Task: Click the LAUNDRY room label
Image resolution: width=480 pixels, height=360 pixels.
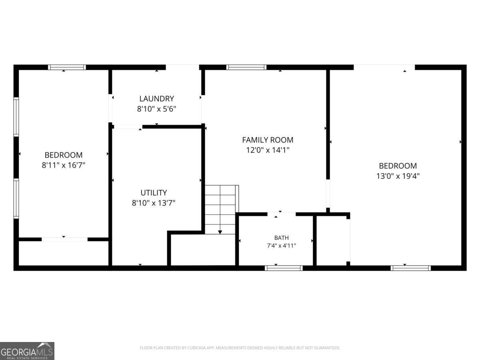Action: (x=156, y=98)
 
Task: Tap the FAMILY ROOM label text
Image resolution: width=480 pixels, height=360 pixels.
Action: (x=268, y=140)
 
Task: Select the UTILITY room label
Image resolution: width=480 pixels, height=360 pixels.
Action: (x=154, y=192)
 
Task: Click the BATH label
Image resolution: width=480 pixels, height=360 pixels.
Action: (x=282, y=238)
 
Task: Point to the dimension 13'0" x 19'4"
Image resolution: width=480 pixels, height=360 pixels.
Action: (x=398, y=176)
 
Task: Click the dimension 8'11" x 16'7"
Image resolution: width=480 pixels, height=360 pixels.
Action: (x=64, y=165)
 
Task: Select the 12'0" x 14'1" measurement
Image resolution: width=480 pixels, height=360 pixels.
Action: (x=268, y=150)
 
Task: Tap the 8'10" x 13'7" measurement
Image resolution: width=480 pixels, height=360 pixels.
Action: (x=154, y=203)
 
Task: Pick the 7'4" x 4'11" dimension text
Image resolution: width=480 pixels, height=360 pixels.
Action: (x=282, y=246)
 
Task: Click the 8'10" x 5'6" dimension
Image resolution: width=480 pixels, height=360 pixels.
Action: (x=156, y=109)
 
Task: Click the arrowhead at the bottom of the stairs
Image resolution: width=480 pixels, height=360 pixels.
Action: (x=220, y=232)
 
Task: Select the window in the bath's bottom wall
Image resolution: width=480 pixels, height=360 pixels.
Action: (x=284, y=268)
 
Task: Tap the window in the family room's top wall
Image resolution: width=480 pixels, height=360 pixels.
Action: (x=246, y=67)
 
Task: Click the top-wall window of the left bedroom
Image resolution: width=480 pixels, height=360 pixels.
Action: (x=67, y=67)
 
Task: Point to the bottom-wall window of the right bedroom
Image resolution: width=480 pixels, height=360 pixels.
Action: (x=411, y=268)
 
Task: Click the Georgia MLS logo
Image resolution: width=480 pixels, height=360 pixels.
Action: (x=27, y=351)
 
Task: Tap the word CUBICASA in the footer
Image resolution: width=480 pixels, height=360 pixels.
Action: (x=196, y=348)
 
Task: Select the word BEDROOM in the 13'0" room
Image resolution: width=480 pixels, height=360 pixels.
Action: (x=398, y=166)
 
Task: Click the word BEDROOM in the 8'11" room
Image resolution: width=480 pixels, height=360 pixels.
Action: (x=64, y=155)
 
